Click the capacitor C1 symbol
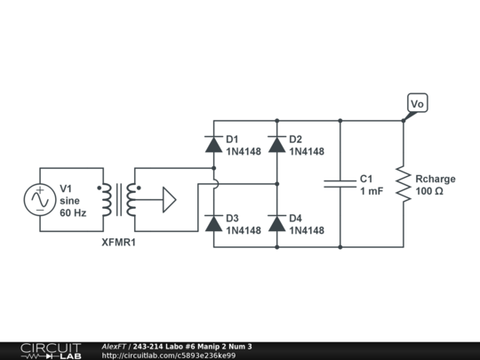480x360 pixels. [x=340, y=184]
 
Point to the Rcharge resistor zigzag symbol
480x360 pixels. [x=404, y=184]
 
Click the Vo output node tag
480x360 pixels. [x=417, y=104]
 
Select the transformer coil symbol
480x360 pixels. [x=121, y=200]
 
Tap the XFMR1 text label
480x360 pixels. [x=120, y=242]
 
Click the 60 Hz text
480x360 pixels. [x=73, y=213]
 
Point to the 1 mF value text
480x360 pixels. [x=372, y=191]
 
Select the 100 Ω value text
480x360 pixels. [x=429, y=191]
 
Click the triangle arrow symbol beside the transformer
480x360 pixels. [x=166, y=200]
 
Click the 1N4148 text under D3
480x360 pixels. [x=244, y=231]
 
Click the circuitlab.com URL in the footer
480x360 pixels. [x=169, y=356]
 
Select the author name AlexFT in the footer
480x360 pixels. [x=113, y=346]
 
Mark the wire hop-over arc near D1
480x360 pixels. [x=214, y=184]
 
